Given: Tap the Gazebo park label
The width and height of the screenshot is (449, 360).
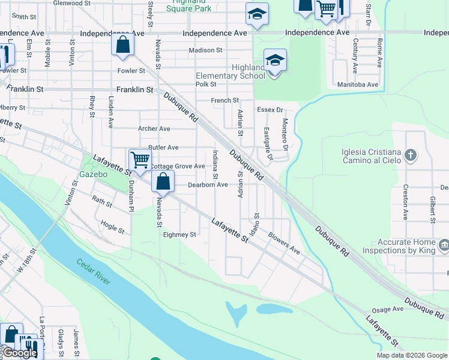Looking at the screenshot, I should click(x=93, y=174).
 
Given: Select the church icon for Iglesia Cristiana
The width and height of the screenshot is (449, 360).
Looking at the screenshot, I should click(x=410, y=156).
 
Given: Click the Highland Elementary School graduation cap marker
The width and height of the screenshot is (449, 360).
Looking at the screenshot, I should click(x=275, y=61).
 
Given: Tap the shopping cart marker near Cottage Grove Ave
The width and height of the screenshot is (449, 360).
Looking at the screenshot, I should click(x=139, y=160).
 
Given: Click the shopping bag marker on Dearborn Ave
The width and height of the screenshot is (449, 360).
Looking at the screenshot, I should click(x=163, y=180).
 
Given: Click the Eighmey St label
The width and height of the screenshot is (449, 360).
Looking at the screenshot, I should click(x=180, y=235).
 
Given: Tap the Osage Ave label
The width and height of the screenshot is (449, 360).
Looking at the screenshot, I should click(x=388, y=309).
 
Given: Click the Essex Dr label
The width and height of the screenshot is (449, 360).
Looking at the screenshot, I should click(x=270, y=110).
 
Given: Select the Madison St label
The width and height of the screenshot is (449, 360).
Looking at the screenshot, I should click(x=205, y=50).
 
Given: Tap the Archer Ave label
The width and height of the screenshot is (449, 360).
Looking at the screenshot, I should click(x=154, y=128).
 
